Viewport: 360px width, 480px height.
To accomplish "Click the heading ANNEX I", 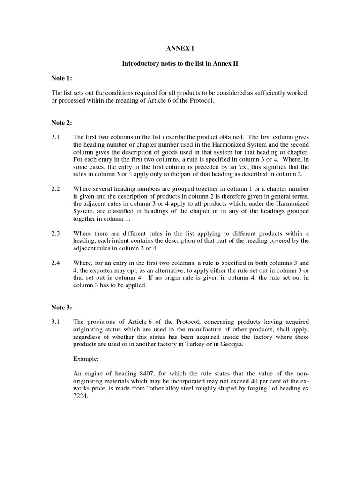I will pos(180,48).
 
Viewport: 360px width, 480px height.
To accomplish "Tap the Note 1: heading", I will pos(61,78).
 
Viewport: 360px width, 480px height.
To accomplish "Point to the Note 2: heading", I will pos(61,123).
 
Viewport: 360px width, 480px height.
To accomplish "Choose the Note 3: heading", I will pos(61,307).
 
